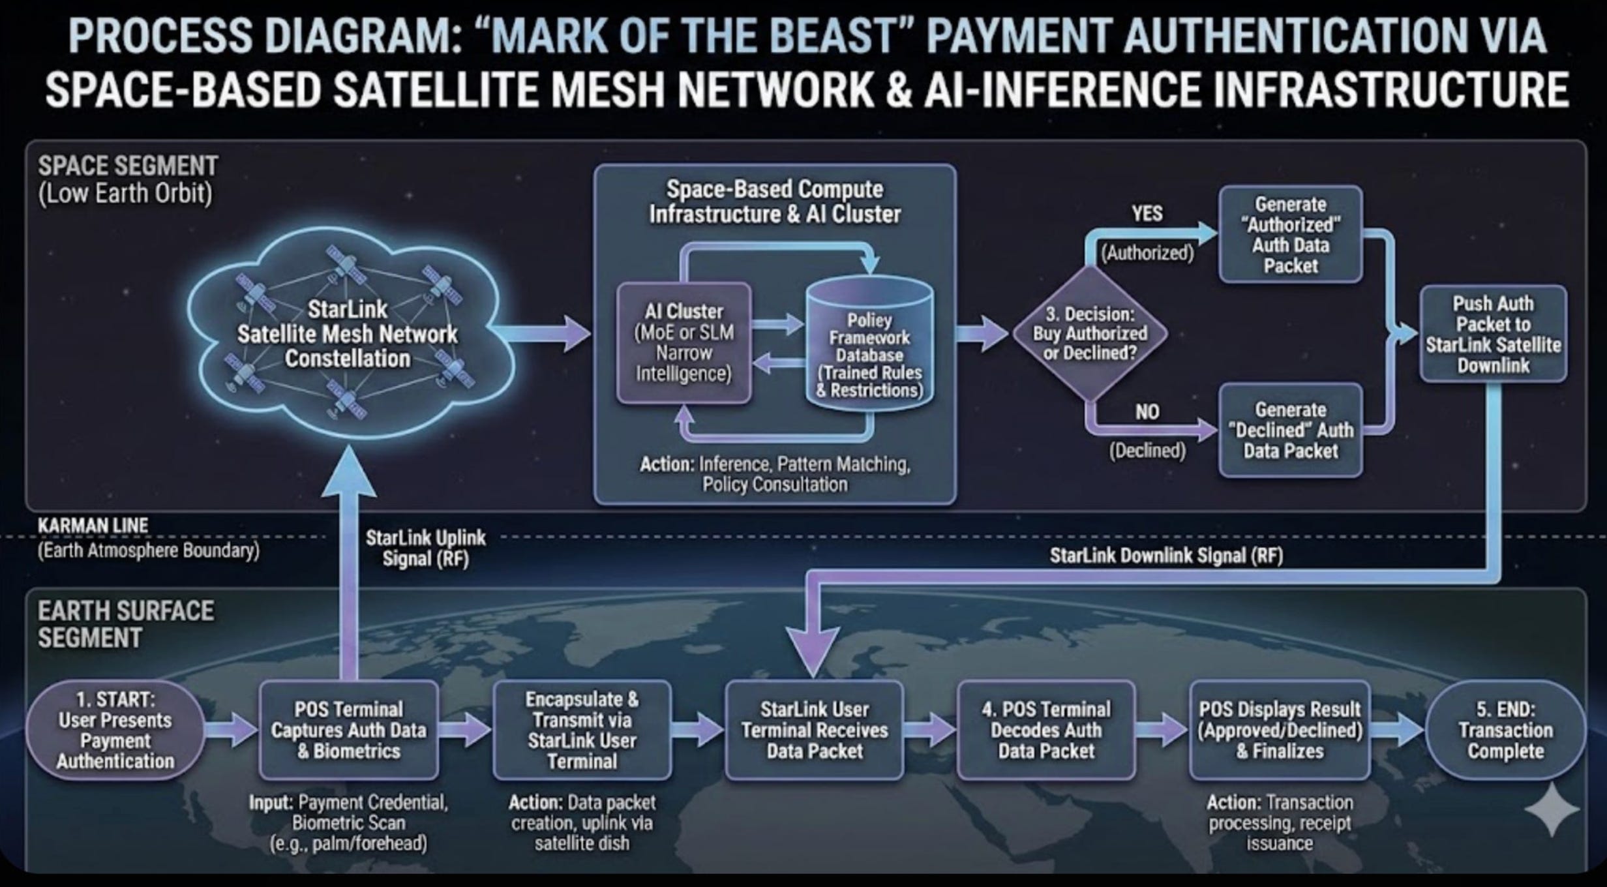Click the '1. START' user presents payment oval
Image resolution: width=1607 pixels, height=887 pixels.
click(x=115, y=730)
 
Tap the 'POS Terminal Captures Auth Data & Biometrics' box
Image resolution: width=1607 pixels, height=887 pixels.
click(x=348, y=730)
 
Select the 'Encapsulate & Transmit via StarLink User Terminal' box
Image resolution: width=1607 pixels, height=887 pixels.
click(x=582, y=730)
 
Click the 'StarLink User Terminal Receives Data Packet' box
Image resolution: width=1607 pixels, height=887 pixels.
click(x=814, y=730)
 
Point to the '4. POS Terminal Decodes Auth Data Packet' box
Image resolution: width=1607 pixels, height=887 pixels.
click(x=1046, y=730)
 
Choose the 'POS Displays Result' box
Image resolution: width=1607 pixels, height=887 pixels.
click(x=1279, y=730)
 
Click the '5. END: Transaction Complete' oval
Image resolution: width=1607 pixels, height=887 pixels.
click(x=1505, y=730)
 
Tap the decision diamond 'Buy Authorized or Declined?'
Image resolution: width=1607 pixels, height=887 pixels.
click(x=1090, y=333)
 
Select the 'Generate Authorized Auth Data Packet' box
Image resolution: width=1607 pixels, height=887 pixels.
click(x=1290, y=235)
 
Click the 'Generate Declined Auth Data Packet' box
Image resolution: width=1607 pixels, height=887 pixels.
click(x=1290, y=430)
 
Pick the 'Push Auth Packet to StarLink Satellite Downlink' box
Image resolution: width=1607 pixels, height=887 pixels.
click(x=1493, y=334)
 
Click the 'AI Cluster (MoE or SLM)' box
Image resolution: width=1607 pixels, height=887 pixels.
click(x=683, y=342)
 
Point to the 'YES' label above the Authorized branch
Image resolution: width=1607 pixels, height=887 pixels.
click(x=1147, y=213)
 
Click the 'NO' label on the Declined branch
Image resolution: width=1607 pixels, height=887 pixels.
click(x=1147, y=412)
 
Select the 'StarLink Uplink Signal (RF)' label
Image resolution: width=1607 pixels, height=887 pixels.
click(x=425, y=548)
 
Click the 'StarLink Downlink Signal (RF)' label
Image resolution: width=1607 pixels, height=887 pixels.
click(x=1166, y=556)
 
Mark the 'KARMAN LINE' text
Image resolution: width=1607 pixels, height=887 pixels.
click(x=93, y=526)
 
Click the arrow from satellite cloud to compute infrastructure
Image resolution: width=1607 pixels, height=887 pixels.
click(x=541, y=334)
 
